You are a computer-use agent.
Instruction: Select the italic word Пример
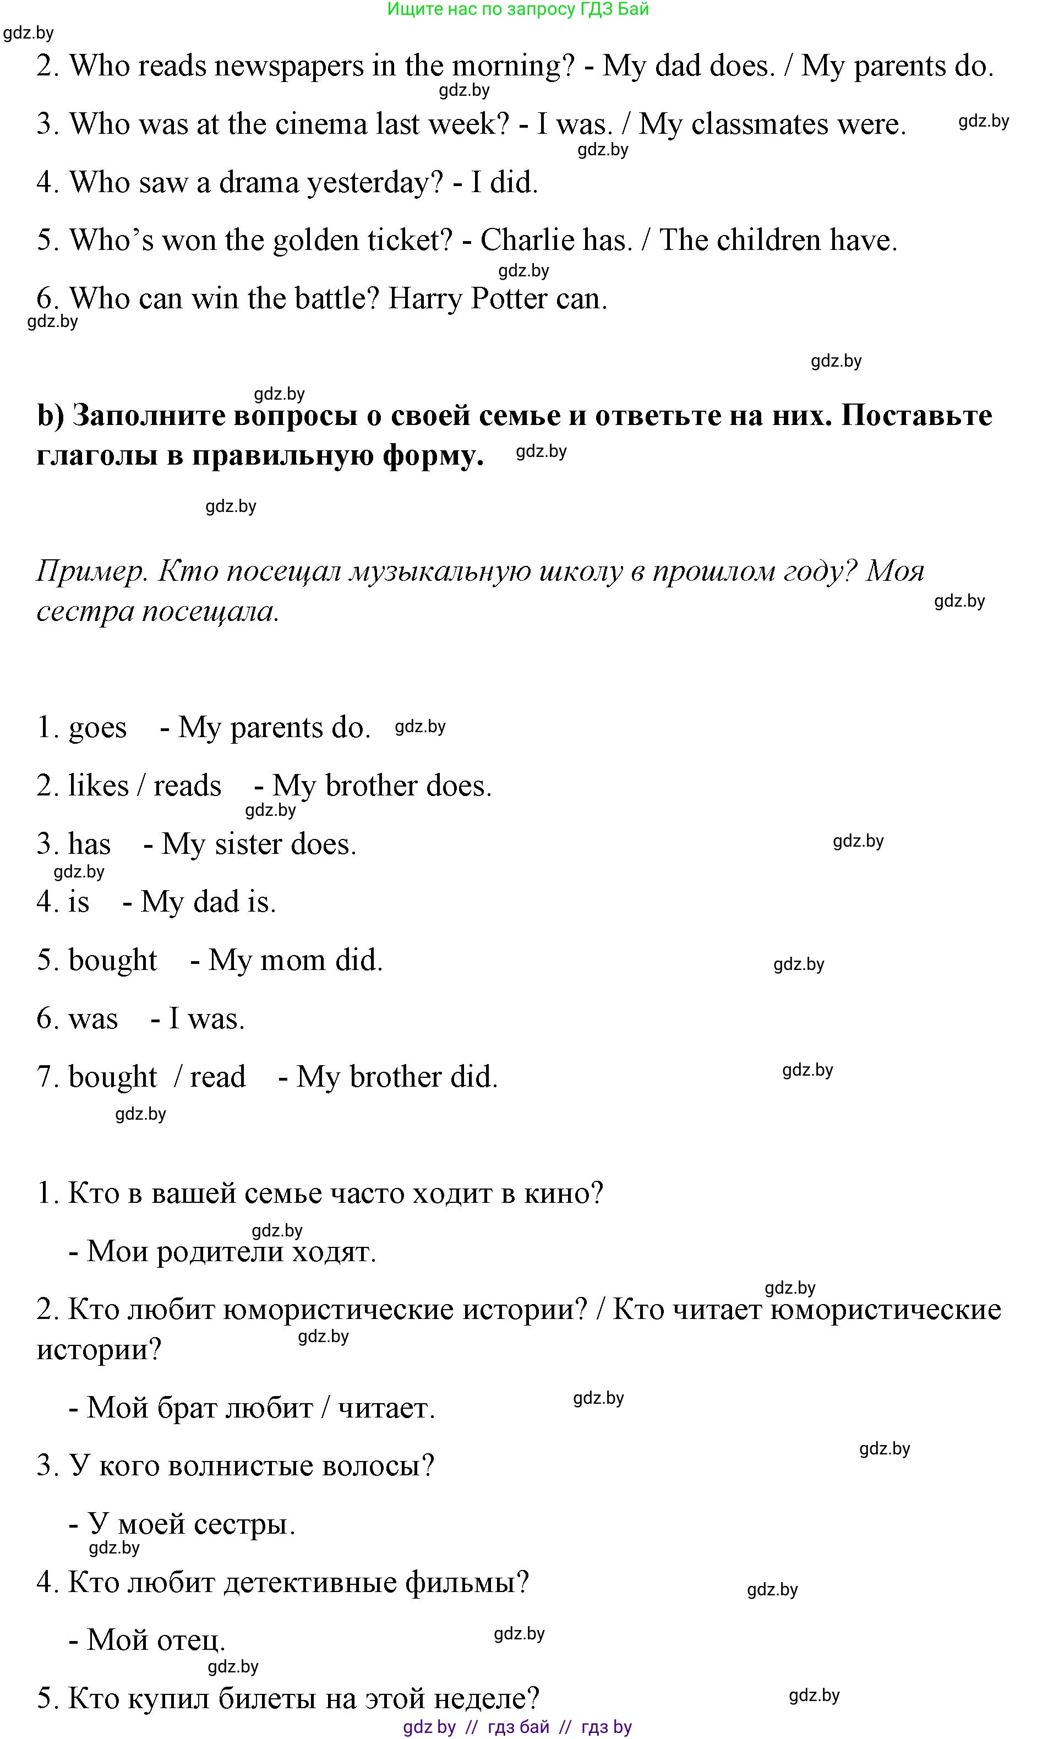(x=91, y=571)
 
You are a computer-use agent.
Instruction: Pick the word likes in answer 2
(x=98, y=786)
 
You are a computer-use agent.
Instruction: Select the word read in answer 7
(x=217, y=1077)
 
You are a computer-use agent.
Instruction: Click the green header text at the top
(x=518, y=9)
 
